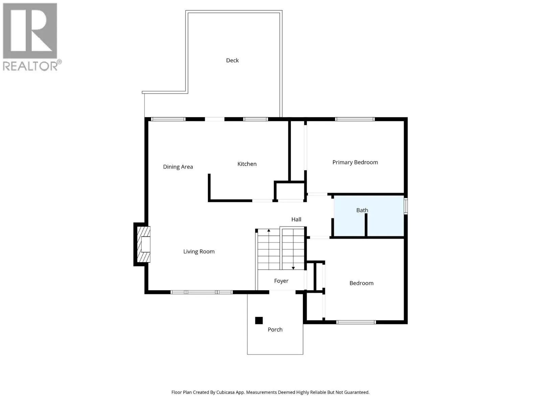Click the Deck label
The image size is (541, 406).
click(x=232, y=60)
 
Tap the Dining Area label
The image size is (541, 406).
click(x=178, y=167)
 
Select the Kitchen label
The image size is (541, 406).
click(x=247, y=164)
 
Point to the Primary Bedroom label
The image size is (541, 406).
click(x=355, y=162)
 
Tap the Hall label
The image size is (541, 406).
click(x=296, y=219)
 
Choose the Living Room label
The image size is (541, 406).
click(x=199, y=251)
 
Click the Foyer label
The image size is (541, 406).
click(x=281, y=281)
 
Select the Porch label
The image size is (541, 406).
click(x=275, y=330)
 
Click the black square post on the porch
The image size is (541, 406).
click(x=259, y=320)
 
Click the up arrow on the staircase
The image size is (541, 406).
click(x=269, y=231)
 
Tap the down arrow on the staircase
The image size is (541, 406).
click(x=293, y=268)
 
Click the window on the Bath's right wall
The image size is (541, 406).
click(x=406, y=206)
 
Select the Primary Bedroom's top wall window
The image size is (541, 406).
click(x=355, y=119)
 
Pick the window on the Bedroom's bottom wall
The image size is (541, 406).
click(x=356, y=322)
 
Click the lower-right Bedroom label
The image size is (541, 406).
click(x=361, y=283)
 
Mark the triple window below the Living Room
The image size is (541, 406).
click(x=202, y=292)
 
